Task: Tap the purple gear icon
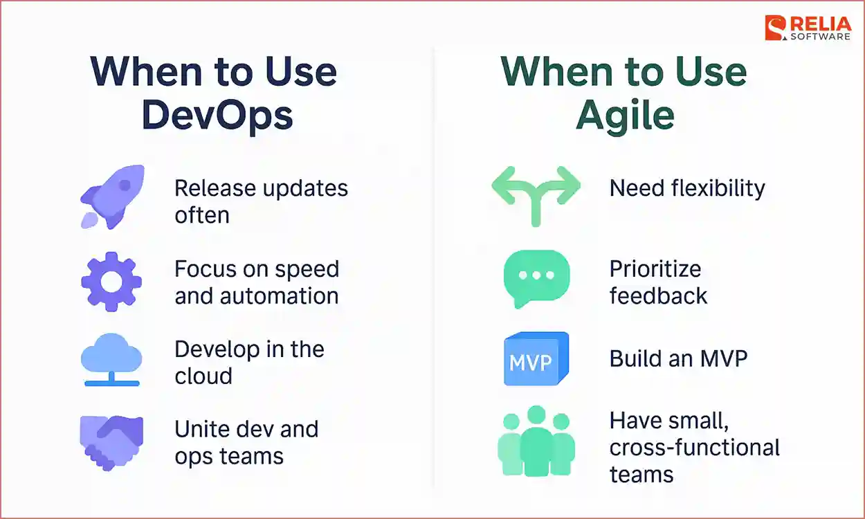tap(111, 282)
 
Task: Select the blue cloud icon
tap(111, 361)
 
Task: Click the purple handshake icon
tap(111, 441)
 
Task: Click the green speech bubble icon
tap(536, 277)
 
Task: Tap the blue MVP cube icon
tap(536, 359)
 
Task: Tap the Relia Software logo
tap(807, 28)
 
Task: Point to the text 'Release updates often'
tap(260, 201)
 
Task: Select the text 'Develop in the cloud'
tap(249, 362)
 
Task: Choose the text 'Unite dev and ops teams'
tap(246, 442)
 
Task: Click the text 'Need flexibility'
tap(687, 188)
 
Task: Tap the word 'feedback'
tap(658, 296)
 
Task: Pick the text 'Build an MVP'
tap(678, 358)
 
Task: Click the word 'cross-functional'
tap(695, 447)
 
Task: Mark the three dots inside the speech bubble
tap(536, 274)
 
